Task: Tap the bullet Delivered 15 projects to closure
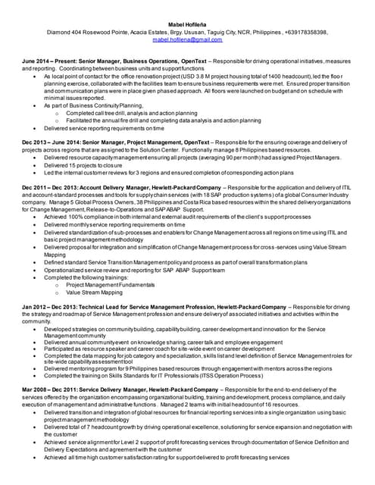(87, 164)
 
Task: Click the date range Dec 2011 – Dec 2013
(49, 186)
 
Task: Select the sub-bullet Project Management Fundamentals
(110, 284)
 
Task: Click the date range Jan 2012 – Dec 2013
(49, 306)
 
